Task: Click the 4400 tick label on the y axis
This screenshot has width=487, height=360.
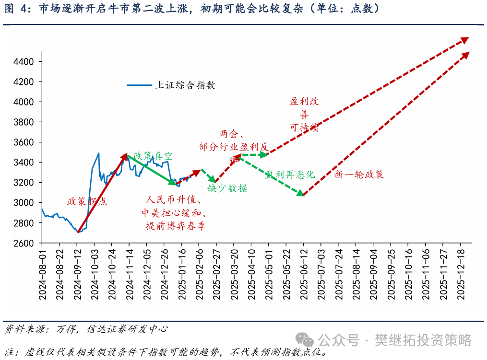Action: (x=23, y=62)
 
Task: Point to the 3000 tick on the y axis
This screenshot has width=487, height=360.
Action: (x=23, y=203)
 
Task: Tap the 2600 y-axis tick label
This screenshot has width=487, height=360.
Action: (x=23, y=244)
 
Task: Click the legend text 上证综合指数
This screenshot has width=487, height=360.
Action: (x=185, y=85)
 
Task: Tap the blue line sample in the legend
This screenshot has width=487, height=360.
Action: (x=139, y=85)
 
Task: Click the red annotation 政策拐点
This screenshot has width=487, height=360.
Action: (x=87, y=201)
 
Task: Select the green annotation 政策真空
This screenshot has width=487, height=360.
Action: (x=153, y=156)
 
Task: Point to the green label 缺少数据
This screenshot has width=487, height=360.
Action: (x=227, y=188)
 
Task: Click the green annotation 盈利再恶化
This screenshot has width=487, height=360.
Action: (x=290, y=174)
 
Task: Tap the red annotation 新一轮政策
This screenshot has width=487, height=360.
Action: (x=359, y=175)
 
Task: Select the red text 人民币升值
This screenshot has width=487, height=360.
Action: (x=173, y=200)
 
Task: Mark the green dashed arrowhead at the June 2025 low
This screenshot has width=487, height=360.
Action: (x=300, y=193)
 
